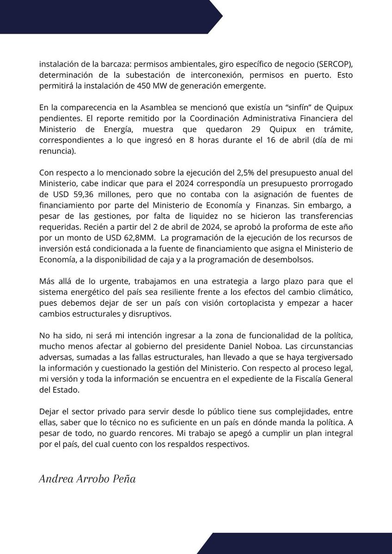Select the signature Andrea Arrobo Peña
coord(87,479)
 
